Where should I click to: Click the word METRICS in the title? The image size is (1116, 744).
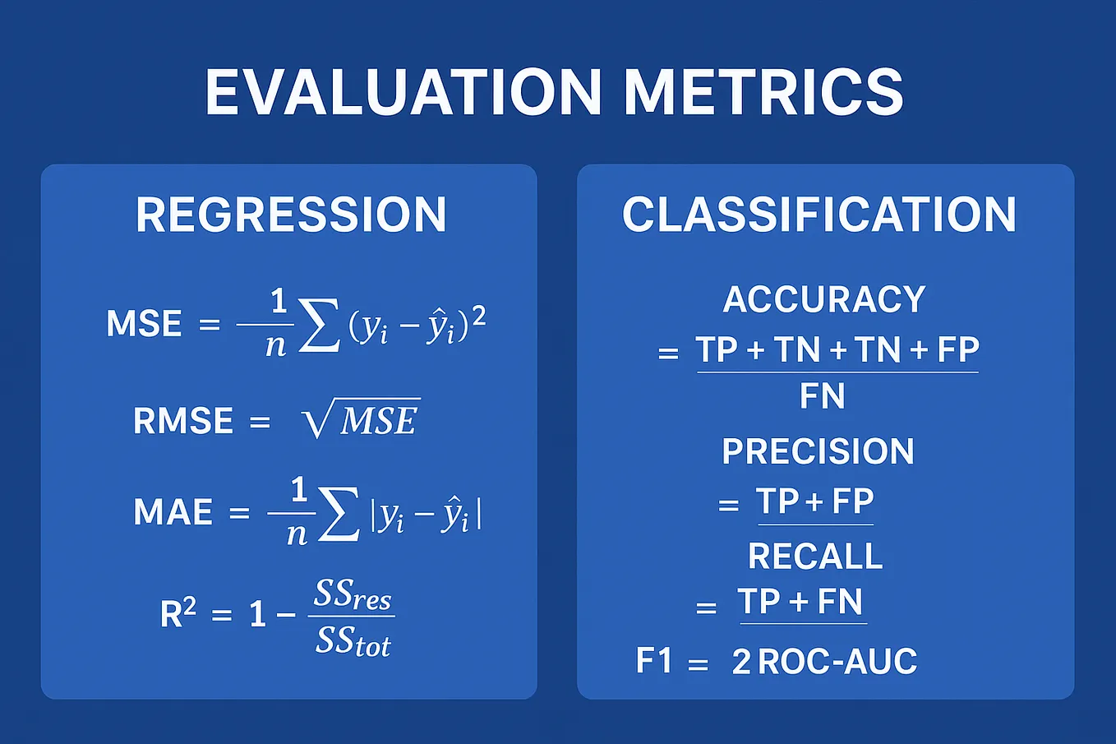[763, 91]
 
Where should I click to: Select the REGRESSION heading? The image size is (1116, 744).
[291, 215]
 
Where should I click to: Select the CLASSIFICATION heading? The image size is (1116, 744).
[819, 215]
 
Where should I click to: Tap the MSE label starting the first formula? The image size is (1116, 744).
[144, 324]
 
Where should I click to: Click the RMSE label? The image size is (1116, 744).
[183, 422]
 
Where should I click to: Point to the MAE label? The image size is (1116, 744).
[173, 512]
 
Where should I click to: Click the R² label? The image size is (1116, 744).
[178, 613]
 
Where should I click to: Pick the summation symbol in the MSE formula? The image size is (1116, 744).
[318, 326]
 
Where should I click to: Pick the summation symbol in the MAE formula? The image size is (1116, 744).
[339, 514]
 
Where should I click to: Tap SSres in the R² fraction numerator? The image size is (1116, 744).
[353, 594]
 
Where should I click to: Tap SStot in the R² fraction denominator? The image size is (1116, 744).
[353, 640]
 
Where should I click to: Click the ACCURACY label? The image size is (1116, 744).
[823, 299]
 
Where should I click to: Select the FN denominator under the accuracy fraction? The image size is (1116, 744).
[822, 396]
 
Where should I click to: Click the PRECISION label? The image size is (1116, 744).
[818, 451]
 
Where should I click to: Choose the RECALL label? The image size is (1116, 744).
[815, 557]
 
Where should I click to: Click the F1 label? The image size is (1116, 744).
[654, 661]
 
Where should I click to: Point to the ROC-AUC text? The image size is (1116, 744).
[837, 662]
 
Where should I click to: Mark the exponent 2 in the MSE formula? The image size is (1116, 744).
[478, 315]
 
